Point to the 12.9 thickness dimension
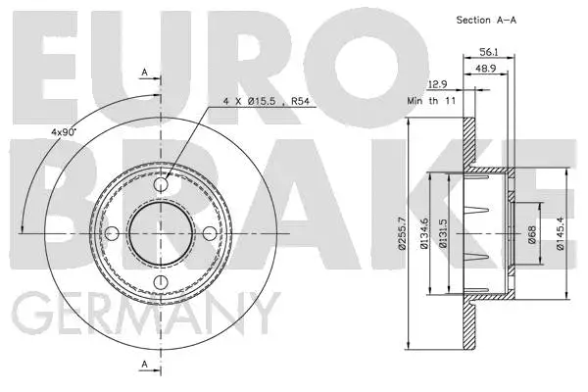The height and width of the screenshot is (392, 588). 439,86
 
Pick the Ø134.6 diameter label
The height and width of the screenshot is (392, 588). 427,232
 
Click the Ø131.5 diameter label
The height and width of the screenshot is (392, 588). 447,232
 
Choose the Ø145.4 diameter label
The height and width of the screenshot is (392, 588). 562,232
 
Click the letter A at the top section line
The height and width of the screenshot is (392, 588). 144,73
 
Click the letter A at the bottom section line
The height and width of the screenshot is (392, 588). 144,365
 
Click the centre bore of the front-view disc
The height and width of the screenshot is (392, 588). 164,232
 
